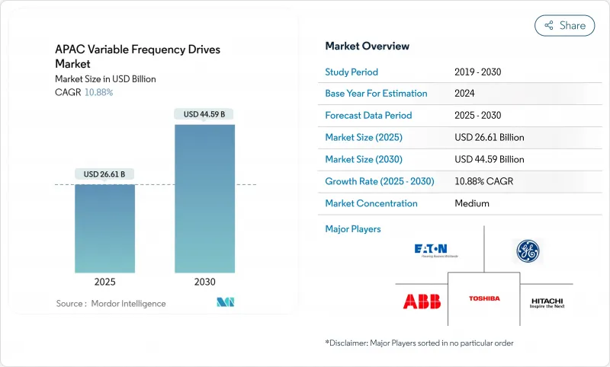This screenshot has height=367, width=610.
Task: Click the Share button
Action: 564,25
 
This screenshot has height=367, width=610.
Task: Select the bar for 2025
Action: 104,228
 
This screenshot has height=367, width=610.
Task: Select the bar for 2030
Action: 204,198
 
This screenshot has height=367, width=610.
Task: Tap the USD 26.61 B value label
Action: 104,174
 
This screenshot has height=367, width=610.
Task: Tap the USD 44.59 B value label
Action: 204,114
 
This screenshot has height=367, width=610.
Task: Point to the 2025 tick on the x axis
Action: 104,282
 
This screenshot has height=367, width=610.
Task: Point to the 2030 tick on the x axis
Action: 204,282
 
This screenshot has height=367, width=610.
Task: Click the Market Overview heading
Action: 367,46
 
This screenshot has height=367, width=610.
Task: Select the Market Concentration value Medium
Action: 471,203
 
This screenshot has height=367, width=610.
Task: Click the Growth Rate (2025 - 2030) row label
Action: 379,182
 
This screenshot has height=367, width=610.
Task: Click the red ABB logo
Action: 421,301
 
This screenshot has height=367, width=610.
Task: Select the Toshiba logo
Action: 483,299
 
